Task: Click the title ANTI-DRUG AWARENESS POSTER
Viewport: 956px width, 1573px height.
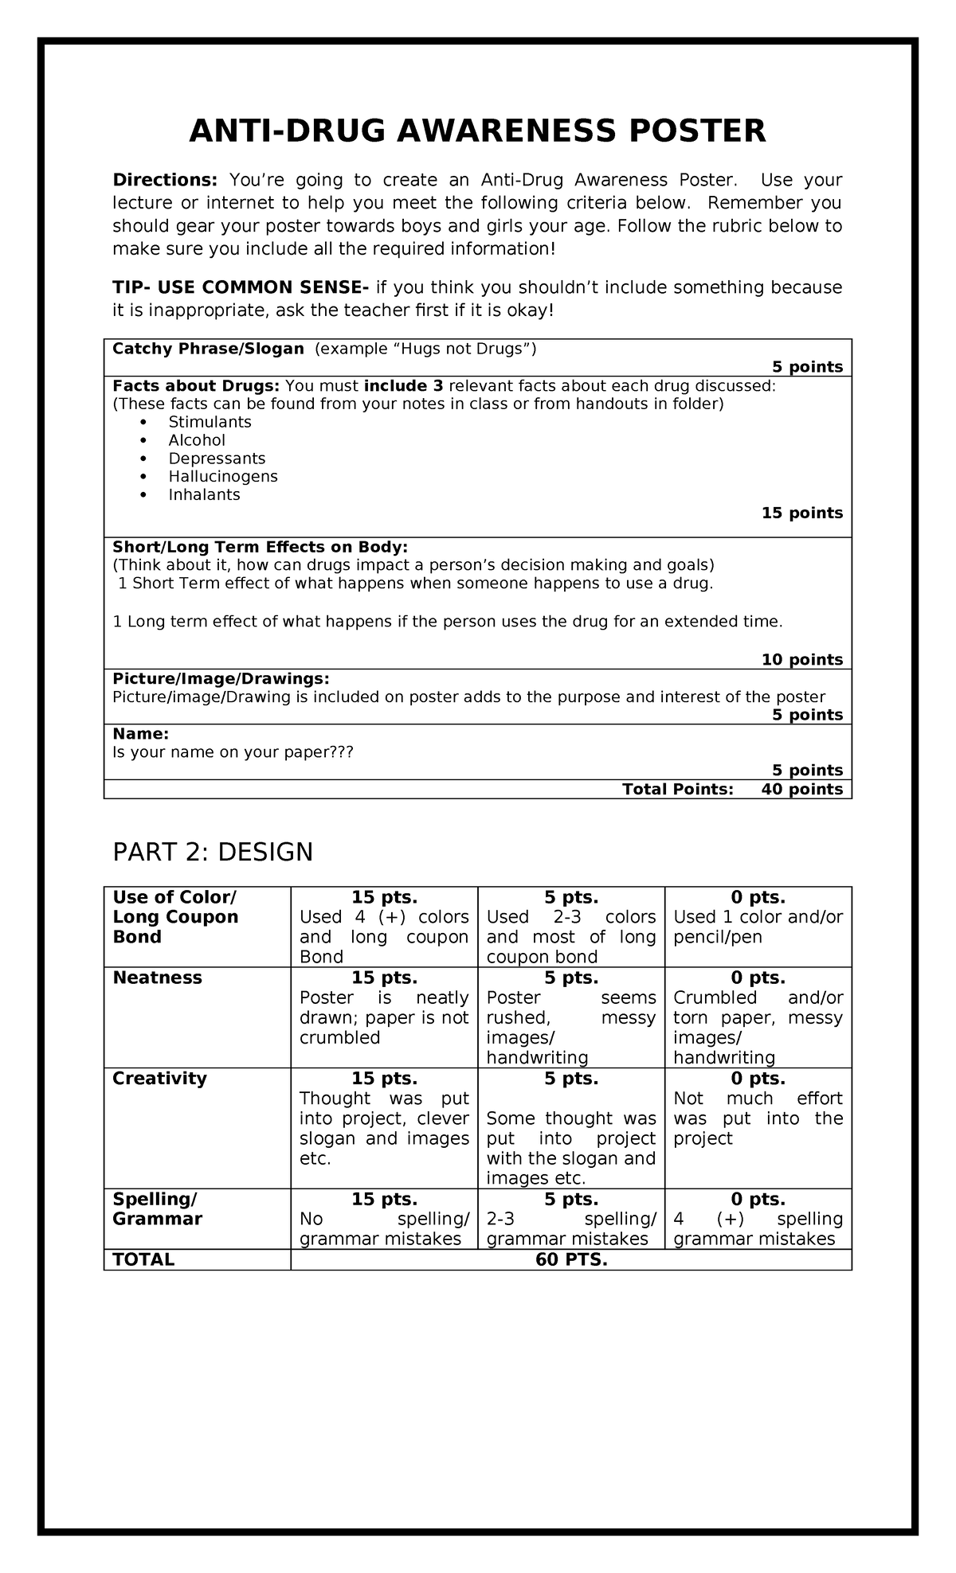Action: coord(477,131)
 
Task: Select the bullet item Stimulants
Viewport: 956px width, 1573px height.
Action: coord(210,422)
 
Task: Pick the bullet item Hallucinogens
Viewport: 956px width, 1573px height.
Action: coord(223,476)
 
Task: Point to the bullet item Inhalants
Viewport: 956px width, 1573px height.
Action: coord(204,494)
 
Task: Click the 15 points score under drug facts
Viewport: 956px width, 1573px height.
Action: coord(801,513)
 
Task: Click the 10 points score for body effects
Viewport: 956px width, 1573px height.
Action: coord(801,659)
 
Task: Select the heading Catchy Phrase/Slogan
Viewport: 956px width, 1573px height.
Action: coord(208,349)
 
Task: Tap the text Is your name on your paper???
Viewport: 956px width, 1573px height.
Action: coord(233,751)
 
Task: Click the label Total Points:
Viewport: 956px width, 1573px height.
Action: coord(677,789)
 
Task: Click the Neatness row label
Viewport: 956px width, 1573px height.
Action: coord(158,978)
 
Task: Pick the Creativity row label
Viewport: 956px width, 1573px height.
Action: coord(159,1079)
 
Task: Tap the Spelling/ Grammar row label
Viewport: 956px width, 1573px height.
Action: coord(158,1209)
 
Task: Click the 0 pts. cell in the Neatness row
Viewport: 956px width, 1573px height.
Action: coord(758,978)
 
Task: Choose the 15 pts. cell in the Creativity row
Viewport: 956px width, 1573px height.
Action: coord(384,1079)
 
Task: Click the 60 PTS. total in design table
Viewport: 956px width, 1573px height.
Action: coord(571,1259)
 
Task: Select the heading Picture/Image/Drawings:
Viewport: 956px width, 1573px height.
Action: coord(221,678)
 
